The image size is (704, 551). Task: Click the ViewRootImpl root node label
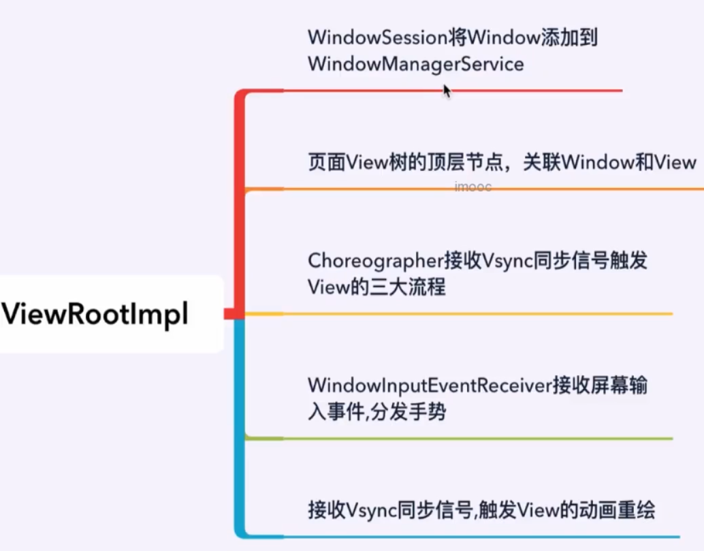(x=95, y=315)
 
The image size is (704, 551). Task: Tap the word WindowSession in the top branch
(x=378, y=37)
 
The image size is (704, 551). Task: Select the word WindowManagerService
(x=415, y=64)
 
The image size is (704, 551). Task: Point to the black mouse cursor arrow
(x=447, y=91)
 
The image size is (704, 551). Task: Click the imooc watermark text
(x=473, y=187)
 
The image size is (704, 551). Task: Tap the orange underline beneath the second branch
(x=477, y=188)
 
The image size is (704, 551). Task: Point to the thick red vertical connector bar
(x=239, y=204)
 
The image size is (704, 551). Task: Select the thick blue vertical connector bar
(x=239, y=422)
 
